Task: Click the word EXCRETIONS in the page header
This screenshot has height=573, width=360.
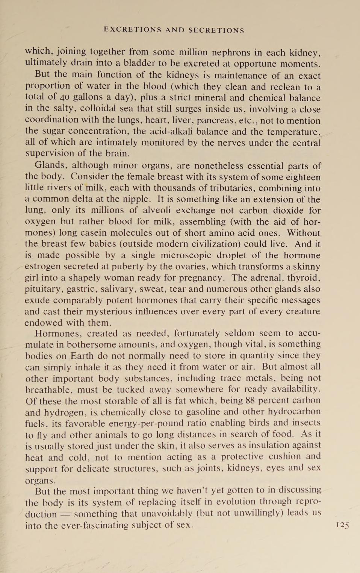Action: (132, 30)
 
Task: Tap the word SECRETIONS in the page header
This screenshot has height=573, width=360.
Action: (216, 30)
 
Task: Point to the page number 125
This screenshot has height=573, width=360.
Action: (342, 525)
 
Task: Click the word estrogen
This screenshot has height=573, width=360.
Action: (42, 267)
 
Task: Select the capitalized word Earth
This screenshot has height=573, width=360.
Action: (82, 356)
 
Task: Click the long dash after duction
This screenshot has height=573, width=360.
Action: (65, 514)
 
